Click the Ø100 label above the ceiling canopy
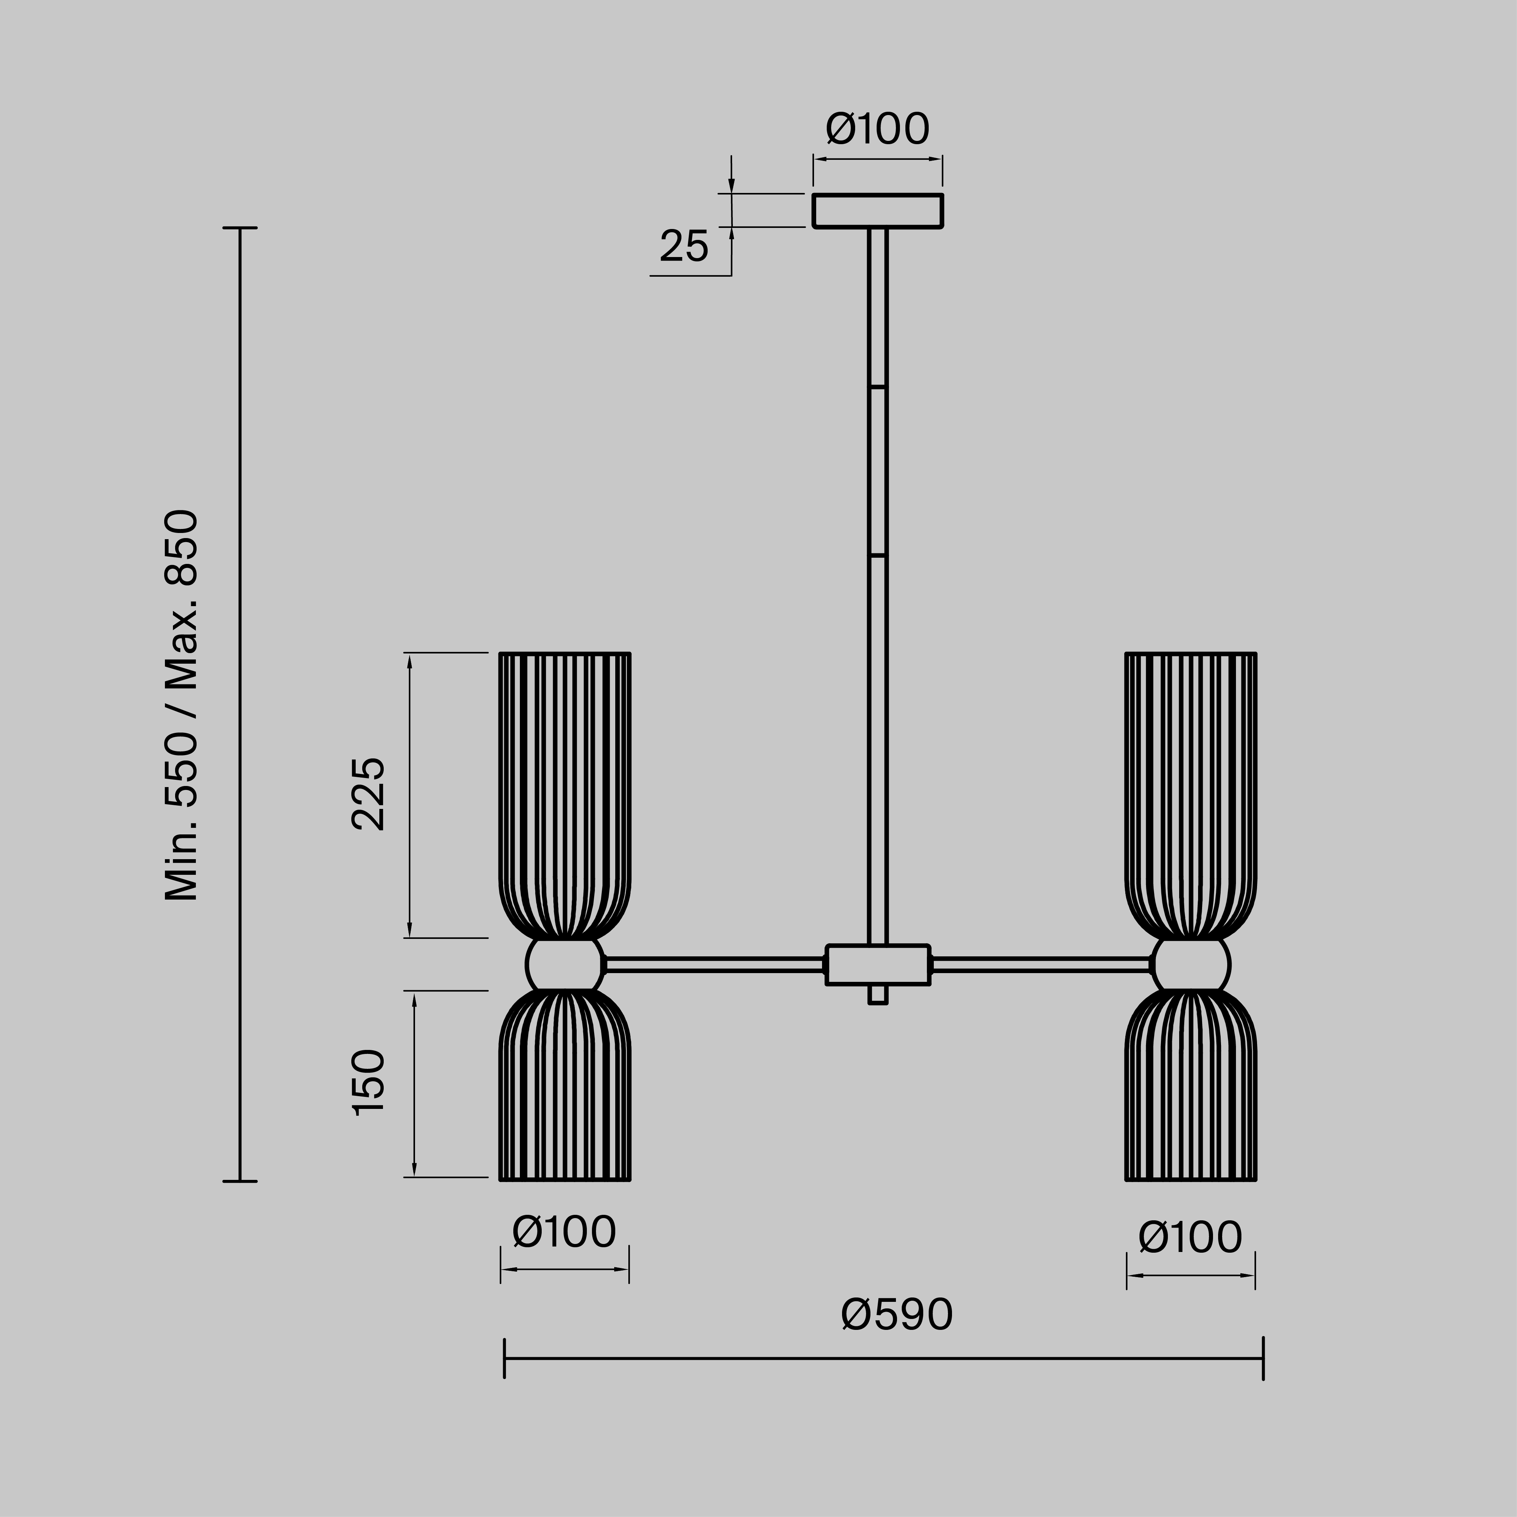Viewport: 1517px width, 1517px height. (x=877, y=130)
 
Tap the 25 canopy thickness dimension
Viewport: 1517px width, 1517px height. (x=684, y=246)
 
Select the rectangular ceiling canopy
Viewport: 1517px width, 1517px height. (x=877, y=210)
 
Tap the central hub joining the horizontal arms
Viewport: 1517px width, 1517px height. (x=877, y=964)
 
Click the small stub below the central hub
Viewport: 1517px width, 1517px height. (x=877, y=995)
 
